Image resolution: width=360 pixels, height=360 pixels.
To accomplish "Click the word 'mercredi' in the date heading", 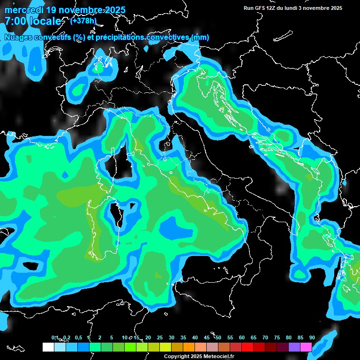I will [23, 10].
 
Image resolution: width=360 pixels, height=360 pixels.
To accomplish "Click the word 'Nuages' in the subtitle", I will [17, 37].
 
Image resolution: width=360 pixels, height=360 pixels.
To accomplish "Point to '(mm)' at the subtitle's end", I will [200, 37].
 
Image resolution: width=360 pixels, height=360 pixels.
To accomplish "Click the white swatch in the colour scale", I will [48, 347].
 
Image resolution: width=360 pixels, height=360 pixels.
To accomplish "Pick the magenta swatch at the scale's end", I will [306, 347].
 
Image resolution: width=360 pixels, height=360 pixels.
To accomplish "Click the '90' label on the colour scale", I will [312, 338].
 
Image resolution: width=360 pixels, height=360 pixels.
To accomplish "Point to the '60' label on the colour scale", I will [242, 338].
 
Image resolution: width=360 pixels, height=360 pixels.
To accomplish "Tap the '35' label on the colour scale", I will [183, 338].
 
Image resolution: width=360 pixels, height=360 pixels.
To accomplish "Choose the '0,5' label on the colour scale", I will [78, 338].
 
